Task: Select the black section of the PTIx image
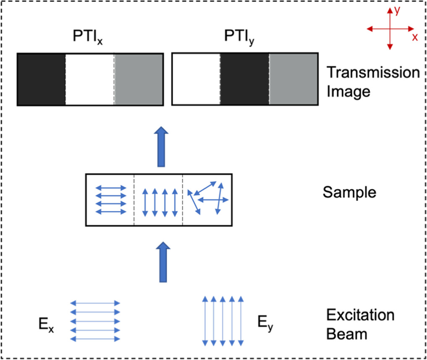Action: [41, 79]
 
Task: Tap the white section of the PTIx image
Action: [89, 79]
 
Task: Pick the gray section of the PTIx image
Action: [138, 79]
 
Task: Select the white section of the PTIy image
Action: [196, 79]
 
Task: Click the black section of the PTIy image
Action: [244, 79]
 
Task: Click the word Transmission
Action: [373, 73]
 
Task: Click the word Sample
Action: [349, 193]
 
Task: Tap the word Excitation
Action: [361, 316]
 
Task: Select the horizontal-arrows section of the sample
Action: [111, 200]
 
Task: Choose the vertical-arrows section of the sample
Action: [158, 200]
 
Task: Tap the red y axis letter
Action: [396, 12]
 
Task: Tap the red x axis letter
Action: [415, 37]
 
